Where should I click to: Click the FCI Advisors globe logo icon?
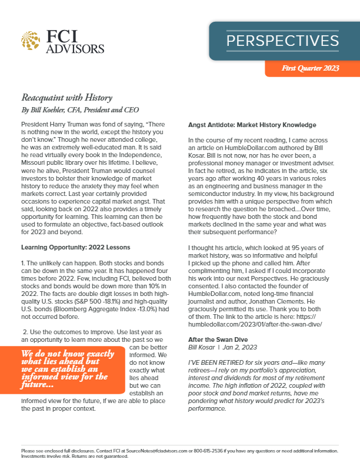point(31,40)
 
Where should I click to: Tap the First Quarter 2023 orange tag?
point(311,68)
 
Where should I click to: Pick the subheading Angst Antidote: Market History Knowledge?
point(254,125)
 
